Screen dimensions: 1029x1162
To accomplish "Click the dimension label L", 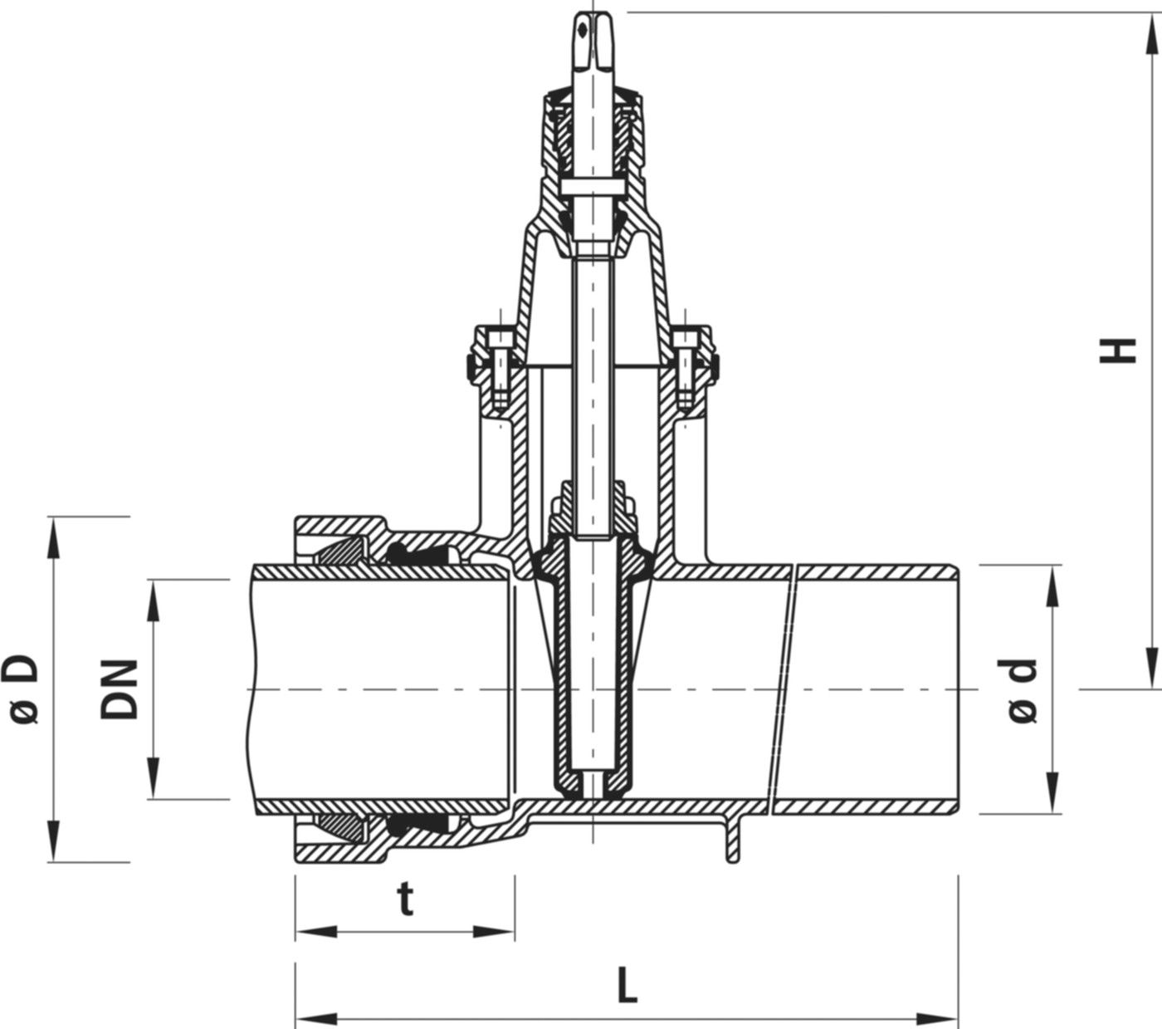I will click(x=628, y=986).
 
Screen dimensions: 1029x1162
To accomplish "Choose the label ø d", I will click(x=1023, y=689).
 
